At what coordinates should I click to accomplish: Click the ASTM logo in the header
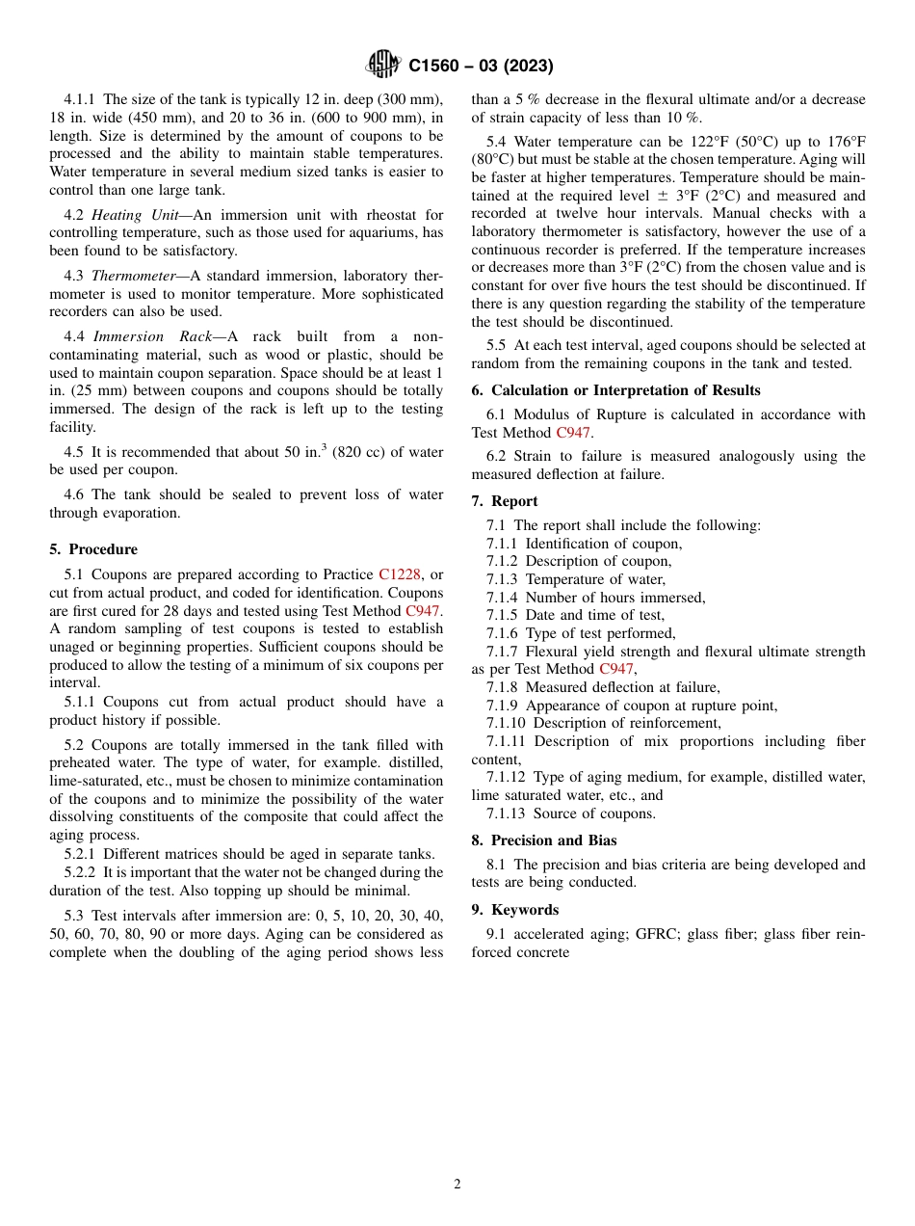(x=382, y=65)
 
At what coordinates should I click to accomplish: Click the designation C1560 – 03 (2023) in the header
(x=481, y=67)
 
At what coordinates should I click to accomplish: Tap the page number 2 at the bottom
(x=457, y=1185)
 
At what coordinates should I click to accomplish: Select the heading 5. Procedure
(x=93, y=549)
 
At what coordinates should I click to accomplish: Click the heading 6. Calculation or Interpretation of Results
(x=615, y=390)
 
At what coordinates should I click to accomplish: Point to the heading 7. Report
(x=505, y=501)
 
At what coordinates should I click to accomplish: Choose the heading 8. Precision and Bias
(x=544, y=840)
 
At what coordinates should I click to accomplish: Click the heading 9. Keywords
(x=514, y=910)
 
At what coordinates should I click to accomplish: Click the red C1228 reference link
(x=399, y=574)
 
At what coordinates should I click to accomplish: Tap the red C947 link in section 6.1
(x=573, y=433)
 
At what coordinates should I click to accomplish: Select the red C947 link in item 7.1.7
(x=615, y=669)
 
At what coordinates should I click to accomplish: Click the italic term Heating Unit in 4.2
(x=129, y=215)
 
